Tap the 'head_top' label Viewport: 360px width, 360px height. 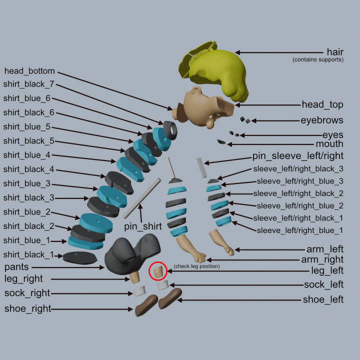[x=322, y=104]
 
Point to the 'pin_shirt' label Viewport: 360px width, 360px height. [x=143, y=226]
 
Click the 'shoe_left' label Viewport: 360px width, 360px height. [x=323, y=299]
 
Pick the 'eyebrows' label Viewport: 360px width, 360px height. [x=321, y=120]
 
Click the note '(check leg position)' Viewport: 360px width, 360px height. [x=196, y=266]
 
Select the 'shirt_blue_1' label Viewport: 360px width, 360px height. [x=27, y=240]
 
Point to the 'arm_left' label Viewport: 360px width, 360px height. [x=324, y=248]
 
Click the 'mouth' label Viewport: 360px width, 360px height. [x=329, y=144]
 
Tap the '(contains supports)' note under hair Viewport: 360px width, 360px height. [x=317, y=60]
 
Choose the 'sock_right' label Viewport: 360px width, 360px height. [x=27, y=293]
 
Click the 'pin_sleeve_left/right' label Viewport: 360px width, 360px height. [x=297, y=156]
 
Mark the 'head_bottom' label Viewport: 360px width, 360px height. [x=29, y=71]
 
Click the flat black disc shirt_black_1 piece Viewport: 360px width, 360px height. [x=79, y=257]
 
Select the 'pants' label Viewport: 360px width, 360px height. [x=16, y=267]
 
